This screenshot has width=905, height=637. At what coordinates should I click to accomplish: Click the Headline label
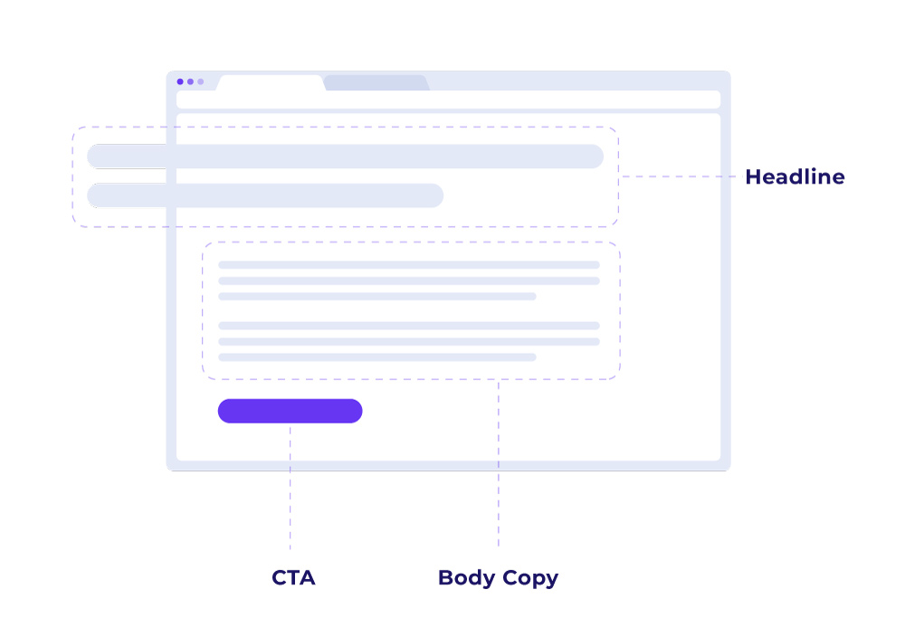pos(795,177)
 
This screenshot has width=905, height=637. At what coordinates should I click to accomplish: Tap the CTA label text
pos(293,577)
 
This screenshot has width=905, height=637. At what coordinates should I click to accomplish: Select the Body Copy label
pos(498,577)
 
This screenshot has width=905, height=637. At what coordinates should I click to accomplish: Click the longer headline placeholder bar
pos(345,157)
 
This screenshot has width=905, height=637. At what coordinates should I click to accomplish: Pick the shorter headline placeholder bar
pos(265,195)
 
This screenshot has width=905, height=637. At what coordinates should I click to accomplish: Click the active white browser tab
pos(270,82)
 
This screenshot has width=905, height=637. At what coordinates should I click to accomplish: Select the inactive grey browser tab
pos(375,82)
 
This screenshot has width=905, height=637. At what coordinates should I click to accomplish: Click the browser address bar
pos(448,100)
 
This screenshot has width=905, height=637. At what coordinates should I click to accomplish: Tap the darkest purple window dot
pos(180,81)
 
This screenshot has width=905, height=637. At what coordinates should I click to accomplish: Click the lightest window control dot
pos(201,81)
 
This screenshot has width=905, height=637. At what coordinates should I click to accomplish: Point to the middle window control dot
pos(190,81)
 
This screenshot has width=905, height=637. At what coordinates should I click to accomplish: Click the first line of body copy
pos(408,265)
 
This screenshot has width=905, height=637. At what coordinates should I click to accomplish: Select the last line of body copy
pos(376,357)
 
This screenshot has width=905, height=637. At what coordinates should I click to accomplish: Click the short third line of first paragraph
pos(376,296)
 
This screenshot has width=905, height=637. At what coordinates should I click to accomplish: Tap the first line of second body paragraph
pos(408,326)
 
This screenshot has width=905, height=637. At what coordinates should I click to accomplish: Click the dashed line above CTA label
pos(291,489)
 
